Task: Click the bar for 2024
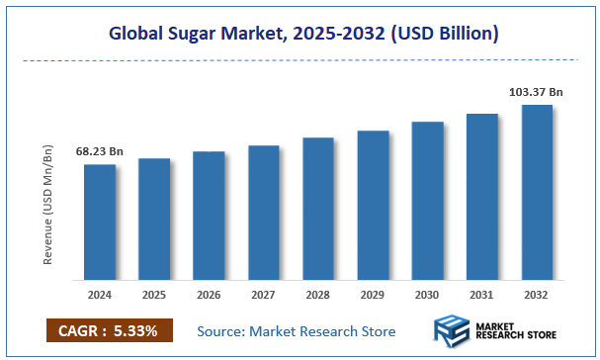tap(99, 222)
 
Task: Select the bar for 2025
tap(153, 219)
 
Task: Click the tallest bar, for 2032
tap(537, 192)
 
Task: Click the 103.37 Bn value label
tap(536, 91)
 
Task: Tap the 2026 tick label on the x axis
tap(209, 295)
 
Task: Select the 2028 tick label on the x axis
tap(318, 295)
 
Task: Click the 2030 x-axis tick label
tap(427, 295)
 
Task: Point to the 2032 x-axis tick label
tap(537, 295)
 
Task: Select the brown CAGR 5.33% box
tap(109, 329)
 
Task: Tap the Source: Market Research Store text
tap(297, 330)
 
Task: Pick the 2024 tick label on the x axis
tap(99, 295)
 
